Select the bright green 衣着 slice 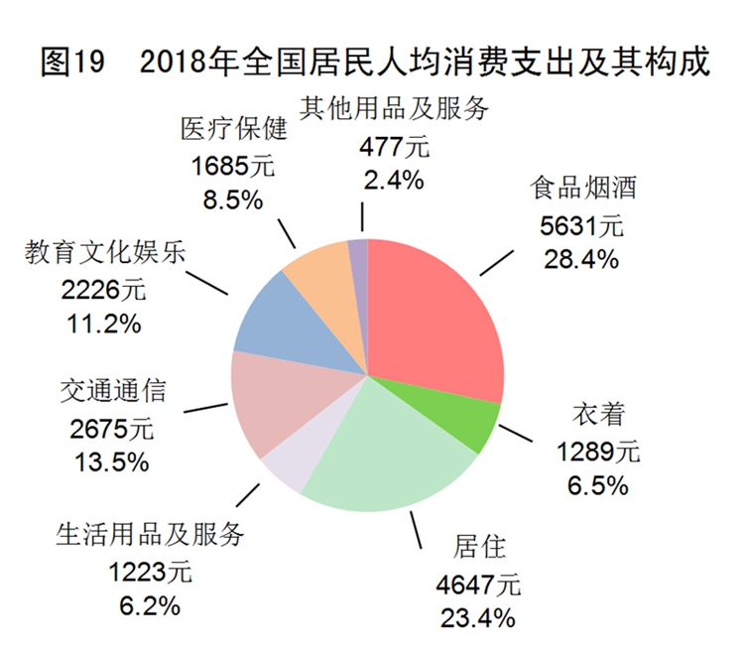[x=473, y=422]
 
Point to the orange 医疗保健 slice [x=317, y=273]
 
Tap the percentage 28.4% [x=581, y=260]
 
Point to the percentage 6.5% [x=597, y=486]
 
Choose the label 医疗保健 [x=233, y=130]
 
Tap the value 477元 [x=394, y=147]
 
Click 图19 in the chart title [x=71, y=62]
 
